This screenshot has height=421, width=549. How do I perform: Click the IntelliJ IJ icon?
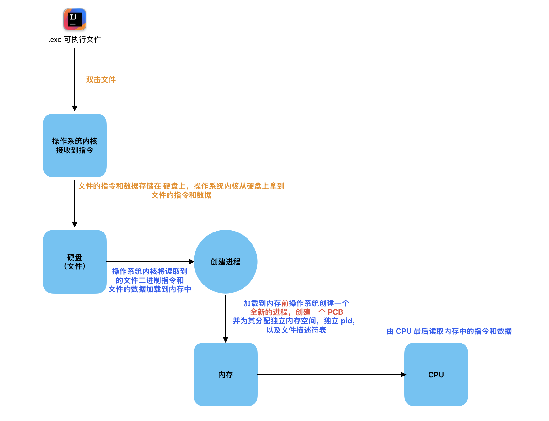75,19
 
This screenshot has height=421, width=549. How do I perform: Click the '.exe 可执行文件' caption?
75,40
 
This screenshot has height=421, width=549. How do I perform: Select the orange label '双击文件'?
101,80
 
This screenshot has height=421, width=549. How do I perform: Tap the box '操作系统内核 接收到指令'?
75,145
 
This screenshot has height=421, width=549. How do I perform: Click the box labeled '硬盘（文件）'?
75,262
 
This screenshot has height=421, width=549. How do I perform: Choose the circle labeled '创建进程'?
226,262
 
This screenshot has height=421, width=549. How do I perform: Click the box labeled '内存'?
226,374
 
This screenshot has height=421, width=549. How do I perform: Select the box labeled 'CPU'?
436,374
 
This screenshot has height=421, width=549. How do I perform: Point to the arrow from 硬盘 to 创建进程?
150,261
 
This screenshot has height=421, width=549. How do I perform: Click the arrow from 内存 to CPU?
331,374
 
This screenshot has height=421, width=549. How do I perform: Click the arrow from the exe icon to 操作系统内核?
75,78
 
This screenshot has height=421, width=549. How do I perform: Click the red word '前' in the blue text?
285,303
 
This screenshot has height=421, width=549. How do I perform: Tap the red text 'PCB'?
335,312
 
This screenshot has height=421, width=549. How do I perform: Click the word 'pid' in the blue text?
346,321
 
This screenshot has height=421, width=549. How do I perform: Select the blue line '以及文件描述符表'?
296,330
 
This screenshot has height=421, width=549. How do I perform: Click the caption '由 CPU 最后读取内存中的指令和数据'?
449,331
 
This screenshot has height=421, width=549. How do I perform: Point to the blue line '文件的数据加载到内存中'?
150,289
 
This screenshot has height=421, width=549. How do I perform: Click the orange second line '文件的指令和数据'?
181,195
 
